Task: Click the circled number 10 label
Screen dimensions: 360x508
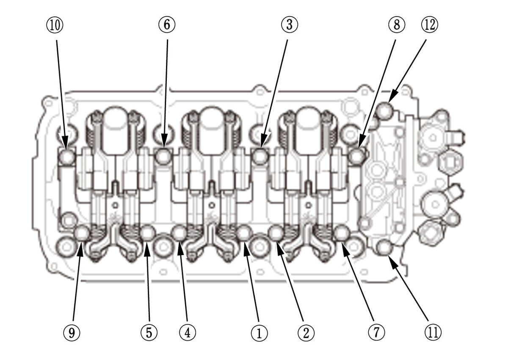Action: tap(55, 25)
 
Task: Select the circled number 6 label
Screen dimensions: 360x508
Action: tap(166, 25)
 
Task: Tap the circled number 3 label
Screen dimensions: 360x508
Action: tap(289, 25)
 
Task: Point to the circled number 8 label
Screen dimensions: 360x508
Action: tap(396, 25)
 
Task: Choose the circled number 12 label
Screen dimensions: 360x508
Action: tap(430, 25)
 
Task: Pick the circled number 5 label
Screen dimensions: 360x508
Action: tap(149, 333)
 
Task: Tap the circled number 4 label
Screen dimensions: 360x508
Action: tap(187, 333)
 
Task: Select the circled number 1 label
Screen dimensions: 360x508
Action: tap(259, 333)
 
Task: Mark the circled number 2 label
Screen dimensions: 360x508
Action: tap(305, 333)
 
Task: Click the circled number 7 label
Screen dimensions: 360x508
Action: tap(375, 333)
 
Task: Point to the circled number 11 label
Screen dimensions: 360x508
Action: tap(432, 333)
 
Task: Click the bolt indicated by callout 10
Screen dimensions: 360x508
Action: tap(66, 157)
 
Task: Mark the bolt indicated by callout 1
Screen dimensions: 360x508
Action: tap(244, 233)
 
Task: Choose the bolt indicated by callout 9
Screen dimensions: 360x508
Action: tap(82, 233)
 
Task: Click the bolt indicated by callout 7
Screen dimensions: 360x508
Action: tap(341, 233)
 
